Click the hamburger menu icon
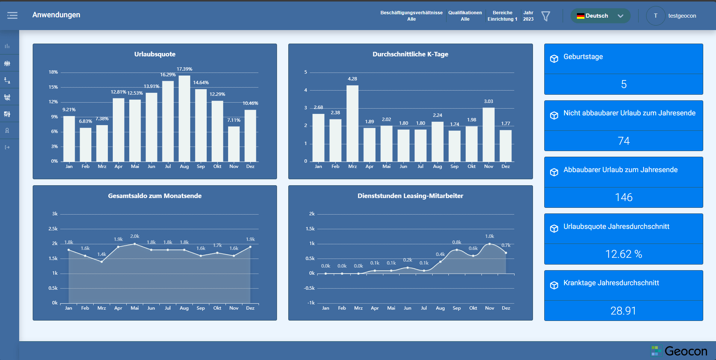(12, 15)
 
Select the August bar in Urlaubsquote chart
(184, 118)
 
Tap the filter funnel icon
(545, 16)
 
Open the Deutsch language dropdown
(600, 16)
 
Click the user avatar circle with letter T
(655, 16)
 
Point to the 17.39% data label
(184, 69)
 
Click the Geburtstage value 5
(624, 84)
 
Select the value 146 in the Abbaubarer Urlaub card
(624, 197)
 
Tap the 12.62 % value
(624, 254)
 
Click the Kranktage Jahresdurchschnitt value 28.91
(623, 311)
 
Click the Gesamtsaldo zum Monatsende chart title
(155, 196)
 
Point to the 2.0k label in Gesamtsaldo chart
(135, 236)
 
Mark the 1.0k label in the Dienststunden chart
(489, 236)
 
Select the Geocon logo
(679, 351)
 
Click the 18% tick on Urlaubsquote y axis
(53, 72)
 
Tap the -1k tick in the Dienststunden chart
(311, 303)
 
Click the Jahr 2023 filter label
(528, 16)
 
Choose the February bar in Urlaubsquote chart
(85, 145)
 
